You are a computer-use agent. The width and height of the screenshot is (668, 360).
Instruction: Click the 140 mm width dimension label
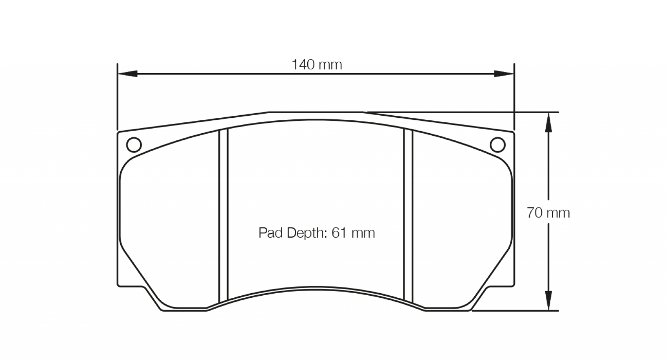pos(317,65)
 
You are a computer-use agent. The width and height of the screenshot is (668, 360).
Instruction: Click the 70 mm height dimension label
pos(548,213)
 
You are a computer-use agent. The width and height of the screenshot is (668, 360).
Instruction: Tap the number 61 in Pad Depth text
pos(339,233)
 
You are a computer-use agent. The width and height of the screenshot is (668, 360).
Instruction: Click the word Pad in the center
pos(271,233)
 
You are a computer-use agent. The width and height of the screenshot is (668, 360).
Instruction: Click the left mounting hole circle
pos(134,145)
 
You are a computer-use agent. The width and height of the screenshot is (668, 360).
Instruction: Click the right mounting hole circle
pos(498,145)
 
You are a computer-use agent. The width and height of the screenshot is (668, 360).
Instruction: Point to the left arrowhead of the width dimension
pos(128,74)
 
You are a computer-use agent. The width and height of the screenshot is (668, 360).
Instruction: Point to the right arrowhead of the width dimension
pos(504,74)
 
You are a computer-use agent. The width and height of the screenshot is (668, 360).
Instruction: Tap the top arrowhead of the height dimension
pos(549,122)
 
